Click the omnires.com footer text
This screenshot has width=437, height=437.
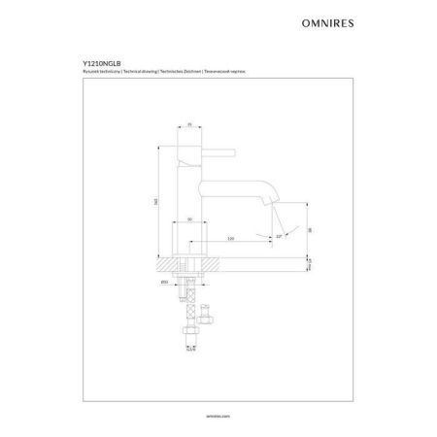coord(218,412)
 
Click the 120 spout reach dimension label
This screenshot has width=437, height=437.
coord(231,237)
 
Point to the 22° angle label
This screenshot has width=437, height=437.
coord(279,234)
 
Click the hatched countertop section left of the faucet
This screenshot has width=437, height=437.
coord(166,262)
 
